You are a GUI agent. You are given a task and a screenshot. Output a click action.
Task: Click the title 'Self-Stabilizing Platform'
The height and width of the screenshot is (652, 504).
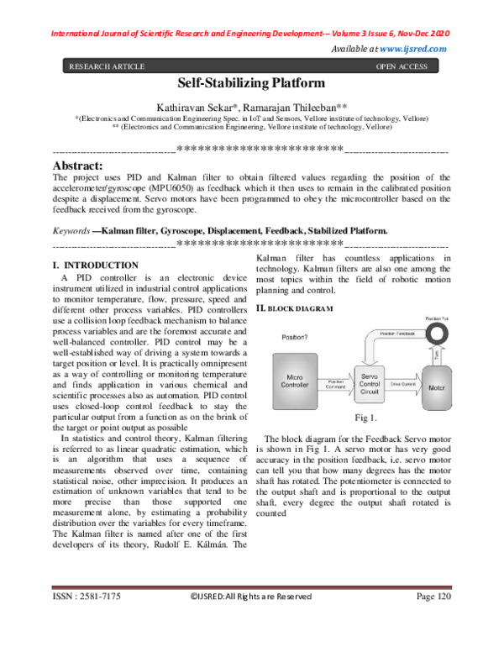(251, 83)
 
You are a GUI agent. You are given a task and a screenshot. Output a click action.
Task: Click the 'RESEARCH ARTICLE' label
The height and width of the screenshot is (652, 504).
(106, 66)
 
